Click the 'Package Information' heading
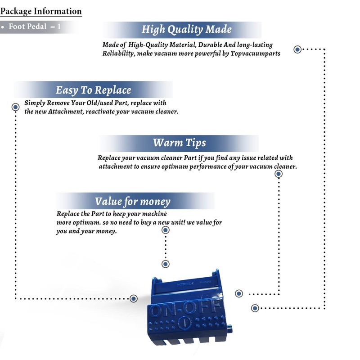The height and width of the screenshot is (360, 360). (41, 11)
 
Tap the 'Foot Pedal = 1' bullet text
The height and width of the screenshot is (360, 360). (35, 27)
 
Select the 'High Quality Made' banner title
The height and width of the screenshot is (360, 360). (186, 29)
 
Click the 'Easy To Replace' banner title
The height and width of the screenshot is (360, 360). (94, 90)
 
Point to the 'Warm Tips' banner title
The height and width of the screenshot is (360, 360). (180, 143)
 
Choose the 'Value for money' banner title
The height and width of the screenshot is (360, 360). (133, 201)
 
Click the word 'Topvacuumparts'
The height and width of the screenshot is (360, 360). (255, 54)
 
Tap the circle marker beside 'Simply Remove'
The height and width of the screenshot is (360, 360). (16, 107)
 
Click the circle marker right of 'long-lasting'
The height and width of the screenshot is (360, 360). (297, 49)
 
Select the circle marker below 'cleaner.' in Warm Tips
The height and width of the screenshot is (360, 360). (279, 174)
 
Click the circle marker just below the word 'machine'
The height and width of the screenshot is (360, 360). (166, 230)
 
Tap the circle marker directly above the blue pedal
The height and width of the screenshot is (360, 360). (166, 264)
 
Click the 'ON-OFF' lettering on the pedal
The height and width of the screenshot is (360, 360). (185, 308)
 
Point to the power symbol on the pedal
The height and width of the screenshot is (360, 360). (184, 323)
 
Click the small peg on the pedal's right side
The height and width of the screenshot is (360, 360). (229, 329)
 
